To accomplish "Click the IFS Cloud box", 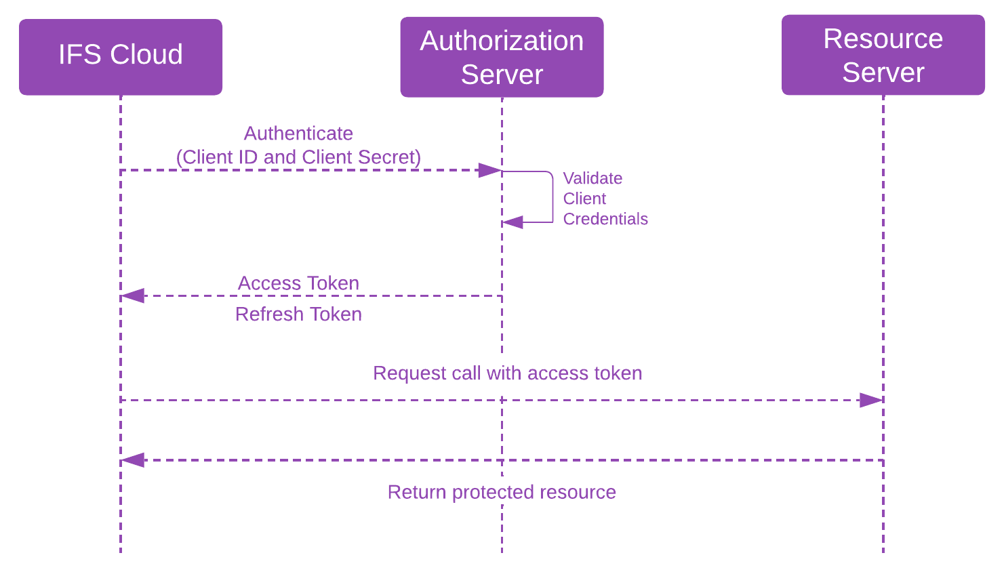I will point(120,57).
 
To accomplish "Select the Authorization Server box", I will point(502,57).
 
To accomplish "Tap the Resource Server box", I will point(883,55).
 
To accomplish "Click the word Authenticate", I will point(298,134).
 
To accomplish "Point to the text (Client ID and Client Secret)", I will point(298,157).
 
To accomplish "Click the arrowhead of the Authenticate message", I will point(489,170).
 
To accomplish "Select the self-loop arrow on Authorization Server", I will point(553,197).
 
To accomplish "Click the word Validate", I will point(593,178).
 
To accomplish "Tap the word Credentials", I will point(605,219).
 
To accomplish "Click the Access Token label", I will point(298,283).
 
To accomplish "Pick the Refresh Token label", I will point(298,314).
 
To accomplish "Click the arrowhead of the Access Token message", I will point(133,295).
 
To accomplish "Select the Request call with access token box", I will point(507,375).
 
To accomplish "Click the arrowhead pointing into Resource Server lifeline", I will point(871,400).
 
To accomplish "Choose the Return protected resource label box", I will point(502,491).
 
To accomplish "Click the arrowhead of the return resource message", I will point(133,460).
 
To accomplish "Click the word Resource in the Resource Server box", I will point(883,39).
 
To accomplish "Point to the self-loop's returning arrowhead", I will point(513,222).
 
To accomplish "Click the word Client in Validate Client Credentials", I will point(584,199).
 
